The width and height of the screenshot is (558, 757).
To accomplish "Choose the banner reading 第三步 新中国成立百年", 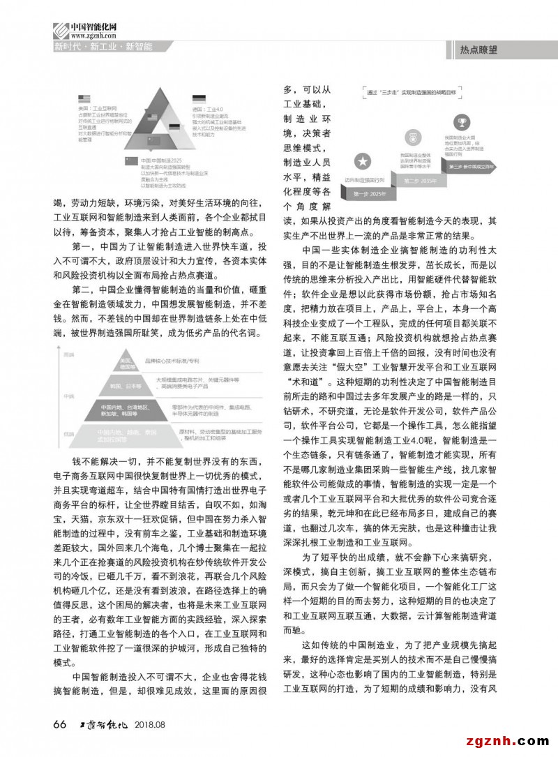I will [472, 167].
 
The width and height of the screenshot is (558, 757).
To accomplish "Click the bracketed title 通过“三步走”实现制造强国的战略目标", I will [415, 91].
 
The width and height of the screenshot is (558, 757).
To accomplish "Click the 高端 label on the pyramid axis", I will [68, 355].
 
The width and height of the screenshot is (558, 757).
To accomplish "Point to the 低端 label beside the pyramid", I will [68, 433].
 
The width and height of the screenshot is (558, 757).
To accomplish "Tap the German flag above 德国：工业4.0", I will [198, 99].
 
